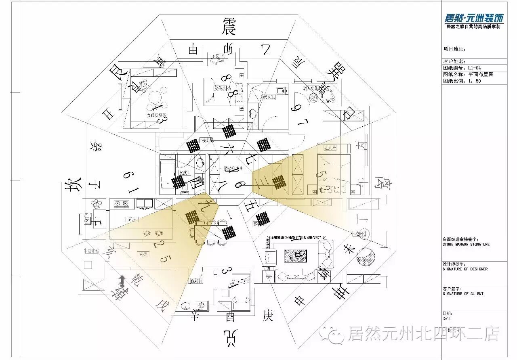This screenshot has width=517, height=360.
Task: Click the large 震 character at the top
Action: [229, 27]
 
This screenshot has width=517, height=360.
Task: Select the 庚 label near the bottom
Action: [267, 315]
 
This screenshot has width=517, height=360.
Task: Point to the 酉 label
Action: [229, 316]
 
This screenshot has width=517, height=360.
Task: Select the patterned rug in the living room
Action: [295, 255]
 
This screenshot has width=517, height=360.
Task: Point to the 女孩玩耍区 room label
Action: [157, 115]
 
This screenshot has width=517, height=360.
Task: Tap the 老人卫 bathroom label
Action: [269, 97]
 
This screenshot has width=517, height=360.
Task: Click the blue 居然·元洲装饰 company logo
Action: [474, 18]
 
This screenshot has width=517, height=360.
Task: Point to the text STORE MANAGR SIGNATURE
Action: [466, 244]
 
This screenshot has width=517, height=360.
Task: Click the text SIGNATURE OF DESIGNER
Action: [464, 269]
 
